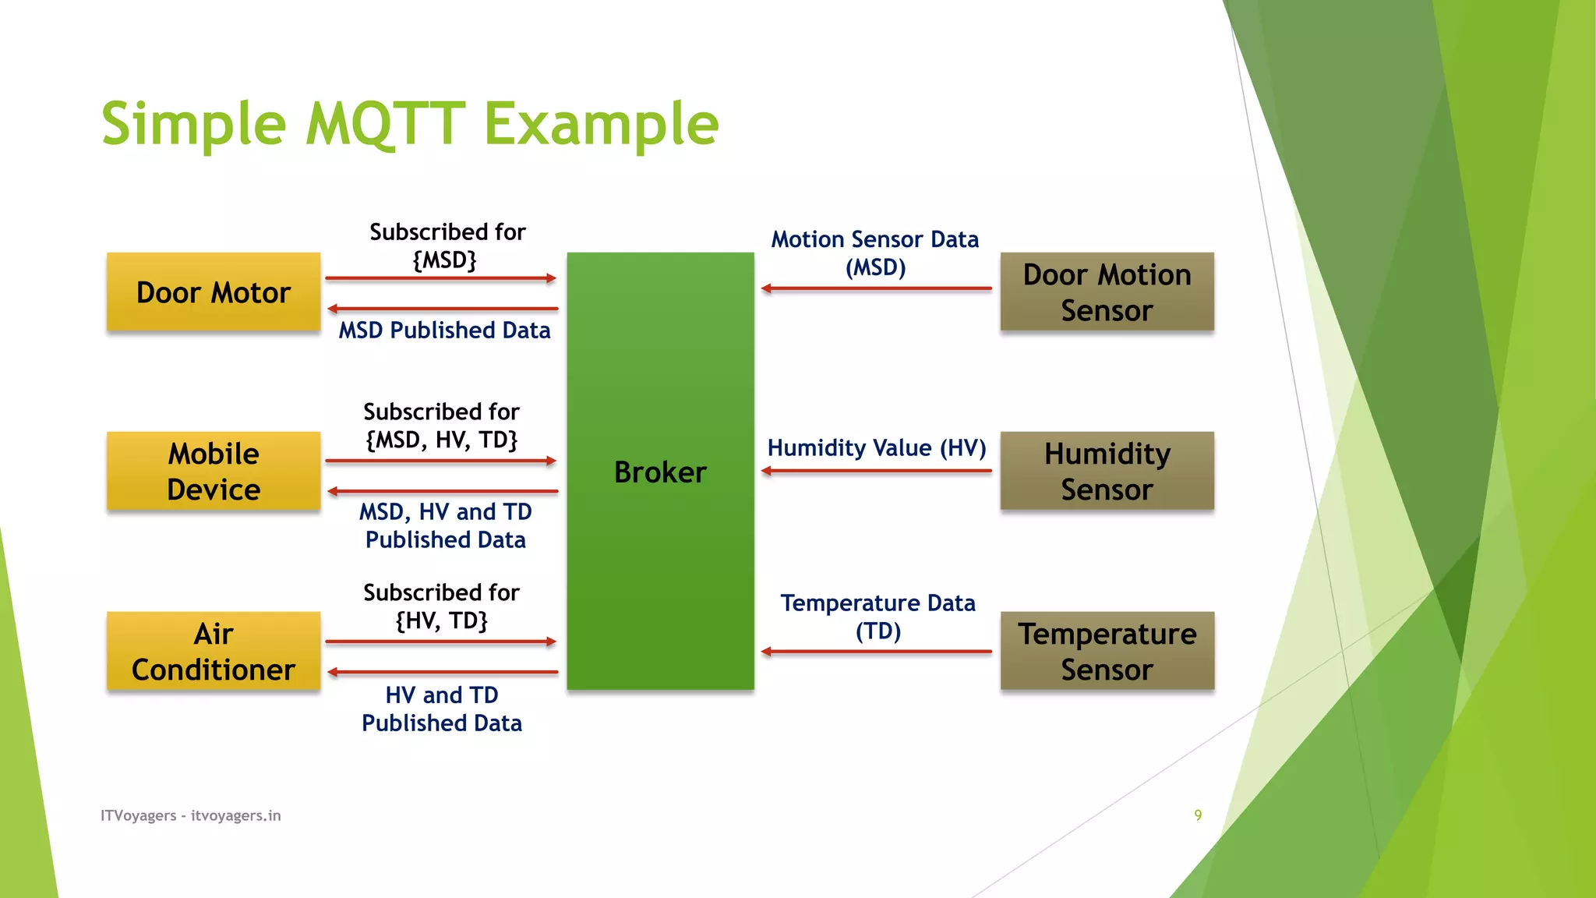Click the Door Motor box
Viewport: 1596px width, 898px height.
click(x=213, y=292)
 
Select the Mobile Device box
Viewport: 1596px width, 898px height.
click(x=213, y=471)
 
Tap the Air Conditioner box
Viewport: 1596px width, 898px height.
click(x=213, y=651)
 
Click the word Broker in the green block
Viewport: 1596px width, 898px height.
click(x=660, y=472)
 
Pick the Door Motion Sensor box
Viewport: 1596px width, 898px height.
click(x=1107, y=292)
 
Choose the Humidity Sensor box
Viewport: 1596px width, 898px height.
click(x=1107, y=471)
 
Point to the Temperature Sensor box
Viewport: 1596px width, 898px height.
click(x=1107, y=651)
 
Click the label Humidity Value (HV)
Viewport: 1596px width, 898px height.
click(x=876, y=447)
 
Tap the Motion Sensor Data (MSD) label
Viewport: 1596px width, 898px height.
click(x=874, y=253)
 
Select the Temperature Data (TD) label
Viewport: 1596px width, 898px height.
click(x=877, y=617)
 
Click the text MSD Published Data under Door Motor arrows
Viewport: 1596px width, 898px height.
click(x=444, y=331)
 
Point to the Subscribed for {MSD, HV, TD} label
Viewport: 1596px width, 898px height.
click(x=441, y=426)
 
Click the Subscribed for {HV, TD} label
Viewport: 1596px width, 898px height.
click(x=441, y=606)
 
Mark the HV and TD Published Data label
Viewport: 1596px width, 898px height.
click(x=441, y=709)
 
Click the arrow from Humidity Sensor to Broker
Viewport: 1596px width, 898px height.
click(x=876, y=471)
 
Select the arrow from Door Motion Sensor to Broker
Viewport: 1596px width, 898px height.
click(x=876, y=288)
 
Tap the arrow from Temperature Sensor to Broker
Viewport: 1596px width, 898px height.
click(x=876, y=652)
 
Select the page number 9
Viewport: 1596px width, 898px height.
click(x=1198, y=815)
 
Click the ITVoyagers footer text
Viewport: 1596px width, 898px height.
click(x=190, y=815)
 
